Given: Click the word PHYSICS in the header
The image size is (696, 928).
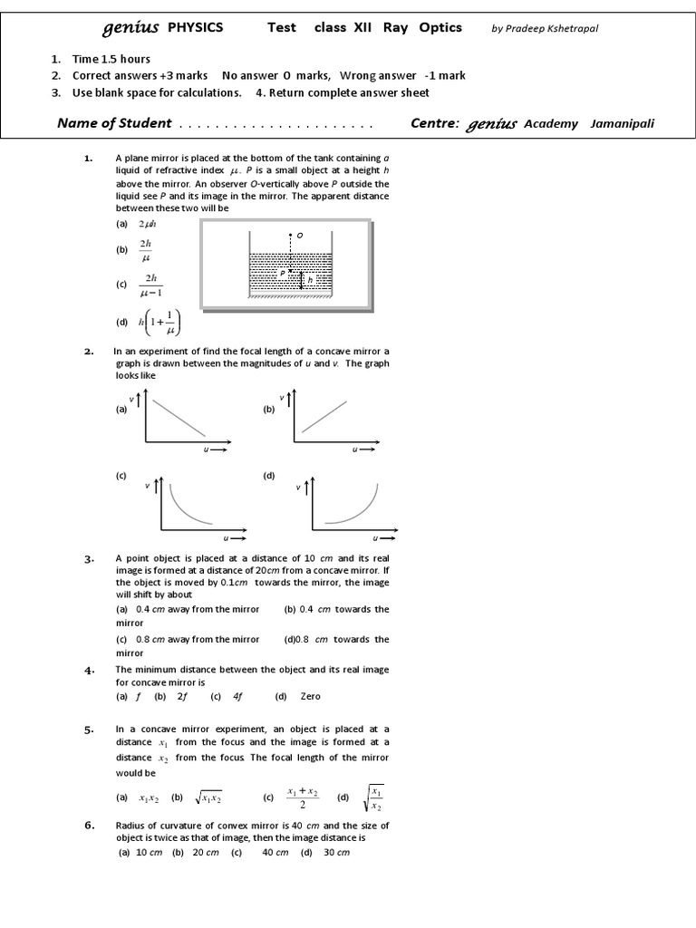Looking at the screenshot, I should tap(195, 27).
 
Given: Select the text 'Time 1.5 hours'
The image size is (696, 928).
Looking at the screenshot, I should tap(111, 59).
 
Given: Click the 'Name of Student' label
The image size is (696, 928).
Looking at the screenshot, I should tap(114, 123).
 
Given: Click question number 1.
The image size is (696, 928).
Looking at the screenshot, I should tap(89, 159).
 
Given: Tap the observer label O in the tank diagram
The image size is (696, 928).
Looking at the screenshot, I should tap(299, 236).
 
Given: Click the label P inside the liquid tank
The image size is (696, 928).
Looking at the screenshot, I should tap(282, 272).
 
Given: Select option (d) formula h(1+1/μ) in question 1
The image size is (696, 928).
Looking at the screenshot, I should tap(159, 323).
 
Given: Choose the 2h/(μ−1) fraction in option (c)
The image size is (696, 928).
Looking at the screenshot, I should tap(150, 285).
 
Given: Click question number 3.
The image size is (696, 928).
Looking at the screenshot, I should tap(89, 559).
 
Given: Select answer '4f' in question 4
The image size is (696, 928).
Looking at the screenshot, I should tap(238, 696).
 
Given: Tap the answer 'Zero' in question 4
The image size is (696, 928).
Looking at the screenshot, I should tap(310, 696).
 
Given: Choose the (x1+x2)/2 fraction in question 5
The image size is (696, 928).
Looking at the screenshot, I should tap(303, 797).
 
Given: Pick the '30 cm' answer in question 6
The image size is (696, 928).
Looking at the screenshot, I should tap(337, 853).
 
